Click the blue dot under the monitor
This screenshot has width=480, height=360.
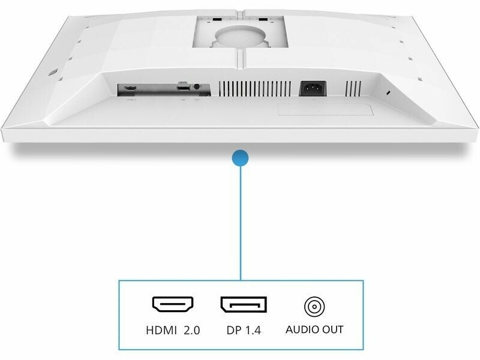(241, 158)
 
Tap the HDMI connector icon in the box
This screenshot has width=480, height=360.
(173, 305)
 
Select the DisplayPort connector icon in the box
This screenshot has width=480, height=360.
(244, 305)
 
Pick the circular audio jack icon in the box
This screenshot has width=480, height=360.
(314, 307)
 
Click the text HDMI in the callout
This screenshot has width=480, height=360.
(161, 331)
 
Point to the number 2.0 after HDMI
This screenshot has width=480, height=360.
(192, 331)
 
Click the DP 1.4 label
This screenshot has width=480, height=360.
(244, 331)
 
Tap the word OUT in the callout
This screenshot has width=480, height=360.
(332, 329)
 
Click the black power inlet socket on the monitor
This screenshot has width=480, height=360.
(313, 88)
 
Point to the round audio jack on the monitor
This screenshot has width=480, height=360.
(197, 87)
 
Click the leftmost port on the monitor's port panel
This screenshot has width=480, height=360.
(130, 89)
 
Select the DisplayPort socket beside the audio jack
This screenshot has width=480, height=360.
(183, 88)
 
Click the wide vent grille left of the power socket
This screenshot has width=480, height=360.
(255, 89)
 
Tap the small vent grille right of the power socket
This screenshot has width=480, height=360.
(353, 89)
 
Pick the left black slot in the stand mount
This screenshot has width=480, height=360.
(217, 19)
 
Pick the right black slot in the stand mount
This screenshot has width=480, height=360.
(263, 19)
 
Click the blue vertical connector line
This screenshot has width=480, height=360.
(241, 223)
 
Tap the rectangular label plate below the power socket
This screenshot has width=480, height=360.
(325, 110)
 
